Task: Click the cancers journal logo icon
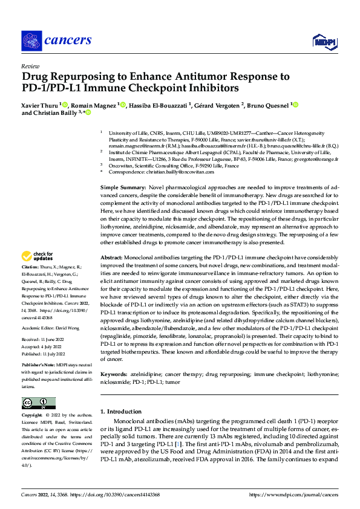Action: (31, 41)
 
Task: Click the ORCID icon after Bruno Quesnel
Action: (295, 105)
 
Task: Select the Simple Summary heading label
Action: (122, 172)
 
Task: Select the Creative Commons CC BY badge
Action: (38, 403)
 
